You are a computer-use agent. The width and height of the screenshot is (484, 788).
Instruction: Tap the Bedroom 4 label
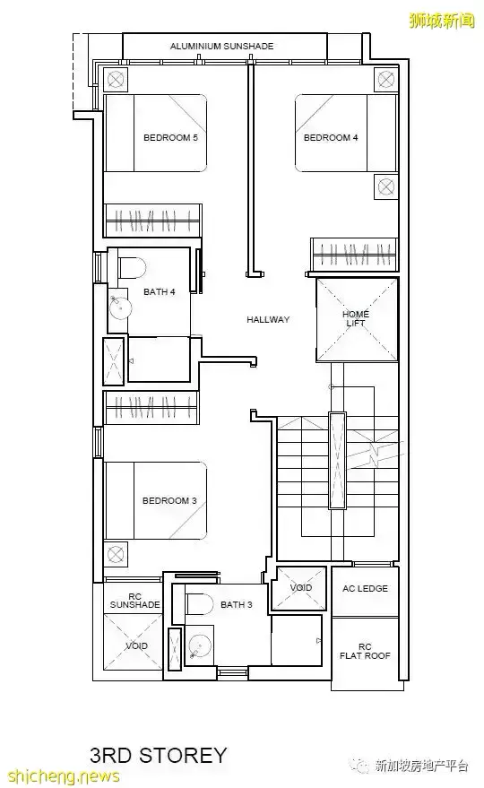click(331, 137)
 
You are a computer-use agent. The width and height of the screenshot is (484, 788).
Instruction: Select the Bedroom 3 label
click(169, 500)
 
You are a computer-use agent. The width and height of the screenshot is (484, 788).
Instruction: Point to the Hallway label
click(268, 319)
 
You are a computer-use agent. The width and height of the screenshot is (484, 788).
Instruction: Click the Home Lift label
click(356, 318)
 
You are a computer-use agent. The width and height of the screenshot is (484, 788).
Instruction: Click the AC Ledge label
click(365, 588)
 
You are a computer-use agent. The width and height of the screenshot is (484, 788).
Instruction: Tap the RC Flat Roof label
click(365, 652)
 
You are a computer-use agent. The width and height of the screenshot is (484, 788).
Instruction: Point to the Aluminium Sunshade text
click(221, 47)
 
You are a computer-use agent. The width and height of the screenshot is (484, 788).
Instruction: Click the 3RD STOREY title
click(159, 755)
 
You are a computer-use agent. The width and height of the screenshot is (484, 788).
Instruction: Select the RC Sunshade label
click(134, 601)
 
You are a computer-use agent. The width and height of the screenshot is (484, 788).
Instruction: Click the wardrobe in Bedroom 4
click(354, 255)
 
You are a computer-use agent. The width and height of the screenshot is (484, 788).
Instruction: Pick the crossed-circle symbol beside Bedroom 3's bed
click(116, 555)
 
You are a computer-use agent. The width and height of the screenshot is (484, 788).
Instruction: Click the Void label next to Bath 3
click(300, 587)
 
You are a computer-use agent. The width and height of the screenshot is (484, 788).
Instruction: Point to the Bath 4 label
click(159, 291)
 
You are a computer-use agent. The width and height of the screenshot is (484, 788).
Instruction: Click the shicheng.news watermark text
click(60, 776)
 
